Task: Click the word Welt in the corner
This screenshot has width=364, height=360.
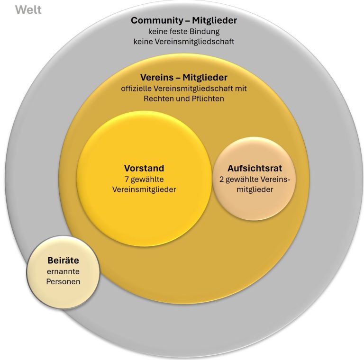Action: pyautogui.click(x=28, y=9)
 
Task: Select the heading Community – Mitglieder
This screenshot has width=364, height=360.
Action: pyautogui.click(x=184, y=20)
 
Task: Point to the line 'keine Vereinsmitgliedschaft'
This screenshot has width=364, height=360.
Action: pyautogui.click(x=184, y=42)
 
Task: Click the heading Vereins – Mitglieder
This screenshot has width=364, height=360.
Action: pyautogui.click(x=184, y=77)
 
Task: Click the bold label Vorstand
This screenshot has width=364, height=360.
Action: pyautogui.click(x=144, y=168)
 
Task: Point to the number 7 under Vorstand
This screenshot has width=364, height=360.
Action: pyautogui.click(x=127, y=180)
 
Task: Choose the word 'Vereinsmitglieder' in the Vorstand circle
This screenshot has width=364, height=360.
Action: pyautogui.click(x=144, y=189)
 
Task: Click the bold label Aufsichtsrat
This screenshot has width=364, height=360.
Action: pyautogui.click(x=255, y=168)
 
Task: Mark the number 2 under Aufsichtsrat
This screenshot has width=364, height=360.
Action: pyautogui.click(x=222, y=180)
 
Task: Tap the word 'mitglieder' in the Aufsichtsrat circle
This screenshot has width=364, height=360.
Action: pyautogui.click(x=255, y=189)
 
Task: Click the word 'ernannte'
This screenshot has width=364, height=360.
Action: pyautogui.click(x=63, y=271)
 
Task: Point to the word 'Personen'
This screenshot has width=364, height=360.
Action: pyautogui.click(x=63, y=281)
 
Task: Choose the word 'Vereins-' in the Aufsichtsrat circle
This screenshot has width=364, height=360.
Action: pyautogui.click(x=274, y=180)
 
